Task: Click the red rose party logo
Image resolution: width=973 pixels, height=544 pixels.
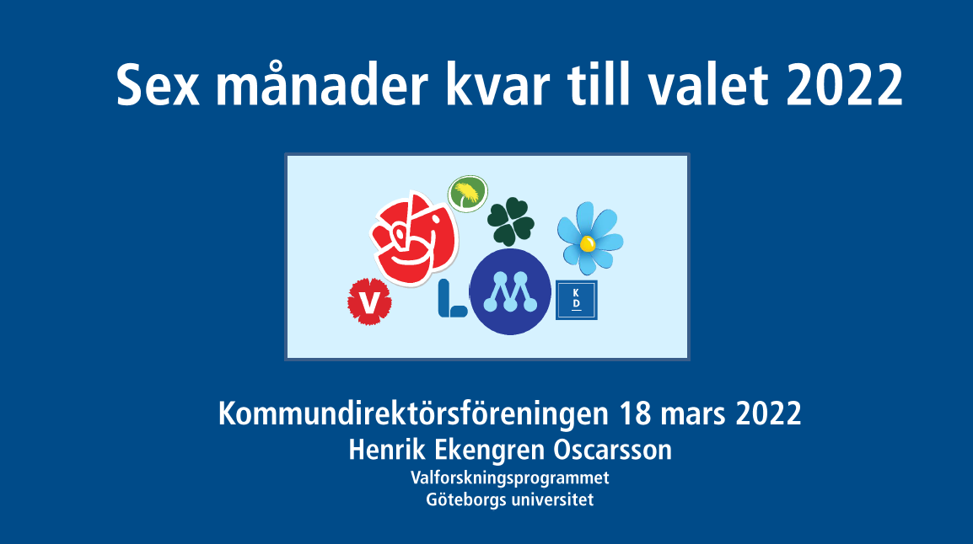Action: coord(414,238)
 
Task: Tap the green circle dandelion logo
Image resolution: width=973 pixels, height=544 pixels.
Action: coord(468,194)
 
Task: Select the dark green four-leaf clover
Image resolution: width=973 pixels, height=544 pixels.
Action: coord(511,221)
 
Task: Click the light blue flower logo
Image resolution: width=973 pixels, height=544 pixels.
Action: coord(590,238)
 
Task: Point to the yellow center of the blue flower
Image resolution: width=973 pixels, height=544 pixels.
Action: coord(587,244)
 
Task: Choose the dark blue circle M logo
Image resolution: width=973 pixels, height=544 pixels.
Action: coord(510,292)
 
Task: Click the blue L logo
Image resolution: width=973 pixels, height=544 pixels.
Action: coord(452,298)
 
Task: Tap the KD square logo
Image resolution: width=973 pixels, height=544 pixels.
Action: coord(577,300)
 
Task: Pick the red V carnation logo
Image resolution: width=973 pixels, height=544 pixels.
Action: coord(370,301)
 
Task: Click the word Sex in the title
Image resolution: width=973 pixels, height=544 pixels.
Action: coord(159,85)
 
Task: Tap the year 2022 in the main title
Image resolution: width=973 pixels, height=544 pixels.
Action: coord(845,85)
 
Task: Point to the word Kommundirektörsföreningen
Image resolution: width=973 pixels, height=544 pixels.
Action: coord(413,413)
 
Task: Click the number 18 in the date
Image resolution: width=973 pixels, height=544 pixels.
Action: coord(635,413)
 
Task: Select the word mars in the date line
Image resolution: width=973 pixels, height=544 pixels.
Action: coord(693,416)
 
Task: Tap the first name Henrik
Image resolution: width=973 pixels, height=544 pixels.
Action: coord(387,450)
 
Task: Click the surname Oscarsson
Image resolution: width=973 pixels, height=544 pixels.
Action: coord(612,450)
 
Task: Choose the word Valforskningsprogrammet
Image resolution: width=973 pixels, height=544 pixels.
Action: coord(510,478)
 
